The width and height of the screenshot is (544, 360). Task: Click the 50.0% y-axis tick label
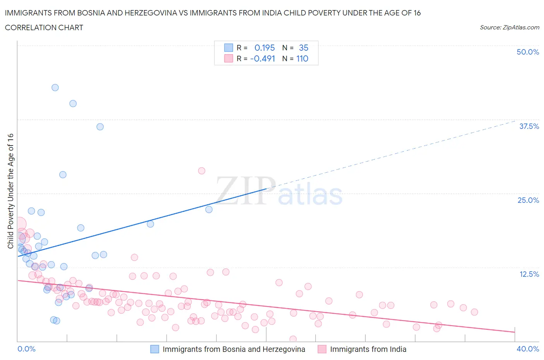(x=527, y=52)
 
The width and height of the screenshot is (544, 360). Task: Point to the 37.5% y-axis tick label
(x=529, y=126)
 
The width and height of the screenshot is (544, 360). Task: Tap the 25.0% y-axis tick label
(x=528, y=200)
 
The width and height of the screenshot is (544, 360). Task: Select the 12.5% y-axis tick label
(x=529, y=274)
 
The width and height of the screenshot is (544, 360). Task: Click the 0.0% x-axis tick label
(x=26, y=349)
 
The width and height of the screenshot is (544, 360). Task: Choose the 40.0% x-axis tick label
(x=528, y=349)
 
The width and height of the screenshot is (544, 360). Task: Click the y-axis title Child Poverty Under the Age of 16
(x=10, y=191)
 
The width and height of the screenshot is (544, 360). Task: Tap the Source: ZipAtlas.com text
(x=509, y=27)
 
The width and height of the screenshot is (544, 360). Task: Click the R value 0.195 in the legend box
(x=264, y=48)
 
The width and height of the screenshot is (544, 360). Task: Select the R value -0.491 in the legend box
(x=263, y=58)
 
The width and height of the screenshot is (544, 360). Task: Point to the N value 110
(x=302, y=58)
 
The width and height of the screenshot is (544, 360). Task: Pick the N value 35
(x=303, y=48)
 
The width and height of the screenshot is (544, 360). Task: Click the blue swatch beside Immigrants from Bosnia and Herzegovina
(x=154, y=349)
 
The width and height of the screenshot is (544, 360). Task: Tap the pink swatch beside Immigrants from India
(x=322, y=349)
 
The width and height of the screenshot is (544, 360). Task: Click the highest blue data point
(x=55, y=87)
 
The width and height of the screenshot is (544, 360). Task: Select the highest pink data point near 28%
(x=201, y=171)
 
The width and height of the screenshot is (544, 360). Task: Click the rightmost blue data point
(x=209, y=209)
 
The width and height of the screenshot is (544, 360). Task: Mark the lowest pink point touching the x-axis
(x=293, y=339)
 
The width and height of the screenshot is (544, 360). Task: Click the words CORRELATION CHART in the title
(x=44, y=27)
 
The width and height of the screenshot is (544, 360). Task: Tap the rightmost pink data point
(x=474, y=312)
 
